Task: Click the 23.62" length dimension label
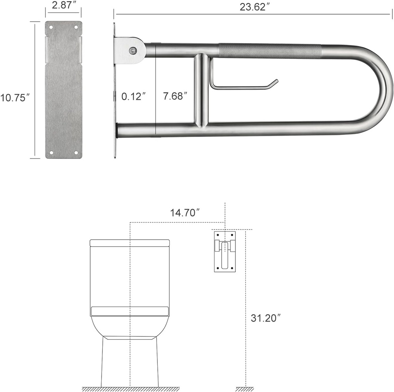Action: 253,7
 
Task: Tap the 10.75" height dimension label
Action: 15,98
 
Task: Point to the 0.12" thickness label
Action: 134,96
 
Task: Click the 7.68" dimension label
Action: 175,96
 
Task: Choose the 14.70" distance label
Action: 185,212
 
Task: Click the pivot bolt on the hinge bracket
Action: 132,50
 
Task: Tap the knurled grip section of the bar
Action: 269,51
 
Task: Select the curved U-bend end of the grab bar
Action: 379,90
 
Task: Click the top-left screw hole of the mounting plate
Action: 50,27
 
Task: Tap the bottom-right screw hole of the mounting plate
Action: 76,153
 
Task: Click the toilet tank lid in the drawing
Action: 130,243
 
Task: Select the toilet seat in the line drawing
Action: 130,311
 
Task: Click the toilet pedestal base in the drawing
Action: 130,362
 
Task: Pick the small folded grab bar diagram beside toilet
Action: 225,251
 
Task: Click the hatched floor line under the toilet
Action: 130,389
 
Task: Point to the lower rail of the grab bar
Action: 250,130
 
